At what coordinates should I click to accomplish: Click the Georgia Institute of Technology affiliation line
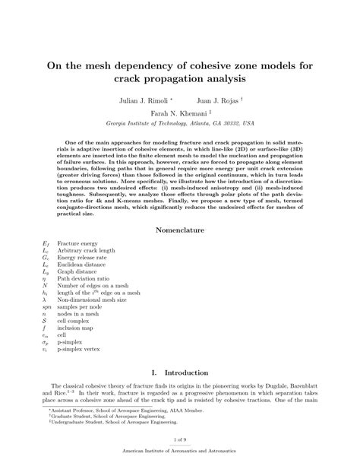click(180, 122)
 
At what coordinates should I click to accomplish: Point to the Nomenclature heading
click(181, 229)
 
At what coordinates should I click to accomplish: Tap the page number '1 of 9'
click(180, 443)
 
